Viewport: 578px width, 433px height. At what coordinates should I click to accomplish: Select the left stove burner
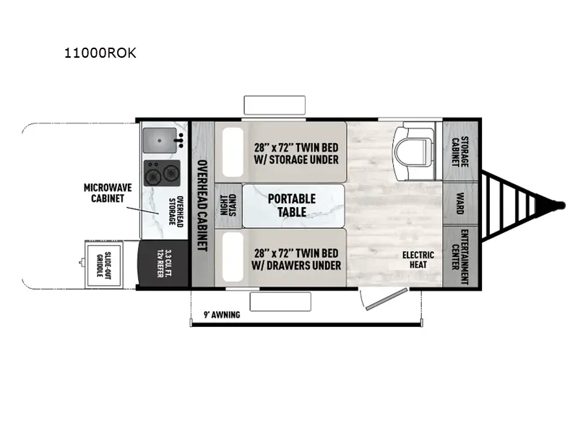[x=153, y=173]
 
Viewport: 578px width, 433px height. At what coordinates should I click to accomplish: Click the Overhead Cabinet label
[x=202, y=206]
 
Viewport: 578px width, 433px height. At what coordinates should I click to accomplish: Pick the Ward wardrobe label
[x=460, y=205]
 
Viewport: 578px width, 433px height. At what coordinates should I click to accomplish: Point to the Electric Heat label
[x=418, y=260]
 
